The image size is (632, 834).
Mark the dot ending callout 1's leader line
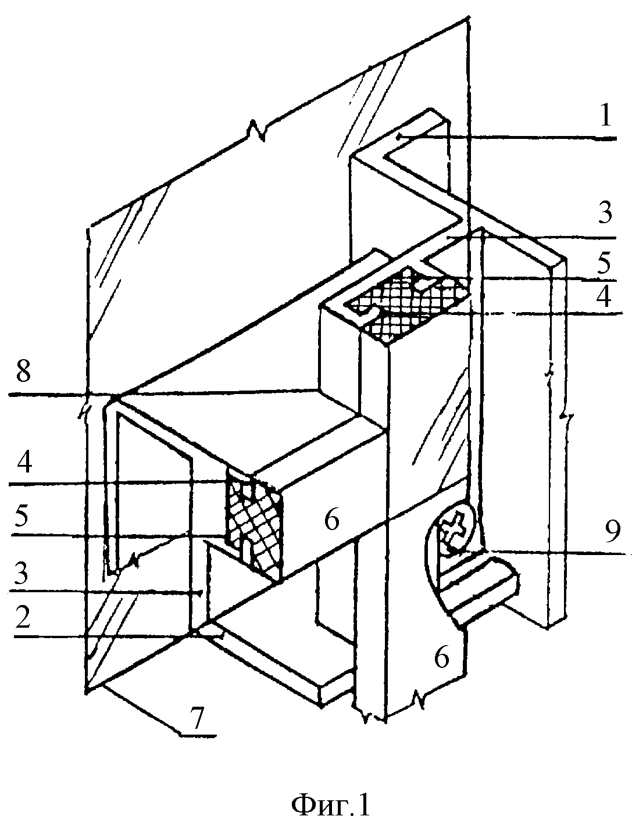398,138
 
